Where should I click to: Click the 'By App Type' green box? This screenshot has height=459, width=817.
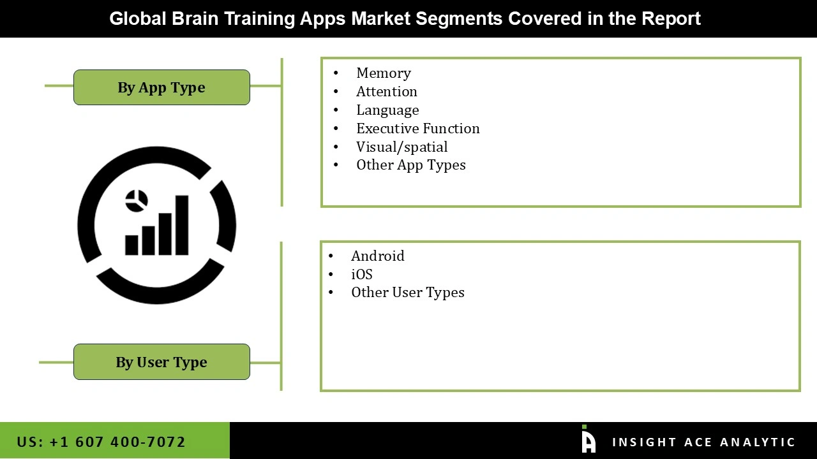(161, 87)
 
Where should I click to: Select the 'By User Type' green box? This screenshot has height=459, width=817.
(161, 362)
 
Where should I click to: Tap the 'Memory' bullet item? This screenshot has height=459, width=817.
(383, 73)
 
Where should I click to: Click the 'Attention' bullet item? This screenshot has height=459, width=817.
(386, 92)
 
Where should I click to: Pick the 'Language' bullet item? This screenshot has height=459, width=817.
(387, 110)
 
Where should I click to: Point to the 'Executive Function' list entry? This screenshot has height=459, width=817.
(417, 129)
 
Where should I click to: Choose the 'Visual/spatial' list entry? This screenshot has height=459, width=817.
(401, 147)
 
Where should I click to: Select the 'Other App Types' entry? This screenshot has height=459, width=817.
(410, 165)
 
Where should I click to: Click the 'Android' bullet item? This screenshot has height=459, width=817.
(377, 256)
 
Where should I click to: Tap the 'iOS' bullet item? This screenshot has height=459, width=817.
(361, 275)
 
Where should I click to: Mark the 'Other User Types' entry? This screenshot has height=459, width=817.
(407, 293)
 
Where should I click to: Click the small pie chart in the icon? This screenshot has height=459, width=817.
(137, 201)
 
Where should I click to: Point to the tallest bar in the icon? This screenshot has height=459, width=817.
(182, 225)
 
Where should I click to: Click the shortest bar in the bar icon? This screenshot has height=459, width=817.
(132, 245)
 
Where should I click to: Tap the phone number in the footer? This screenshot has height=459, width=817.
(101, 442)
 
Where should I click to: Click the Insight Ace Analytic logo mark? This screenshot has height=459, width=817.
(588, 441)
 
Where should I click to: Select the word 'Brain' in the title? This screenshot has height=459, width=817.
(195, 18)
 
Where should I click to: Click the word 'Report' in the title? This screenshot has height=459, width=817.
(671, 18)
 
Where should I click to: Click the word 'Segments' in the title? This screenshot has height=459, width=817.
(459, 18)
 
